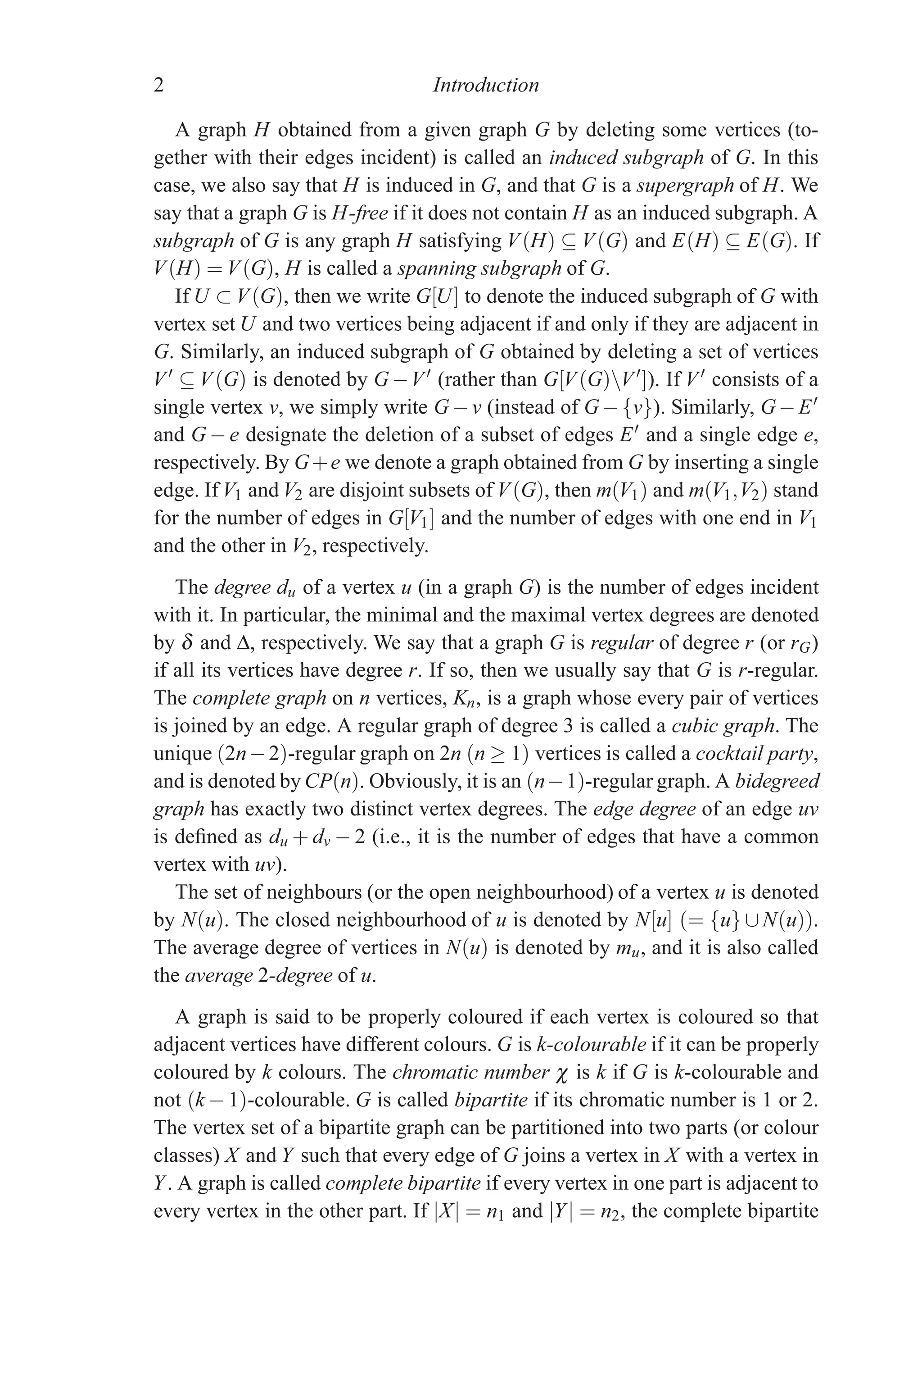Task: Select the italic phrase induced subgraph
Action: pyautogui.click(x=626, y=158)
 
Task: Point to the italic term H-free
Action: pyautogui.click(x=360, y=213)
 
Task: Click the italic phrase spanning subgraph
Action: pyautogui.click(x=479, y=269)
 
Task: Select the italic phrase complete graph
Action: pyautogui.click(x=259, y=698)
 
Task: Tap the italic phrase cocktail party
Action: pyautogui.click(x=756, y=754)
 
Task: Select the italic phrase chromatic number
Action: pyautogui.click(x=470, y=1073)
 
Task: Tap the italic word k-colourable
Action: pyautogui.click(x=591, y=1045)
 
